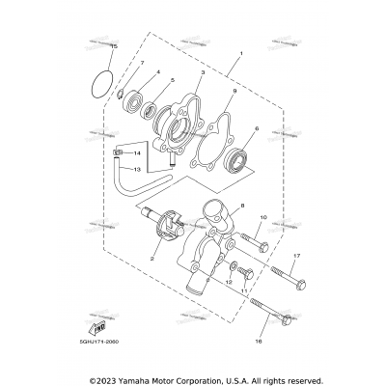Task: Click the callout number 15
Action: tap(114, 46)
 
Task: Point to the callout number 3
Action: tap(203, 72)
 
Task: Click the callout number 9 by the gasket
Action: tap(234, 93)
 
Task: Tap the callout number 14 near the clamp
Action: tap(136, 153)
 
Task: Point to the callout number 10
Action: tap(262, 218)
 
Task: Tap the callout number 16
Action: tap(259, 341)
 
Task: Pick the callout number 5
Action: tap(172, 81)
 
